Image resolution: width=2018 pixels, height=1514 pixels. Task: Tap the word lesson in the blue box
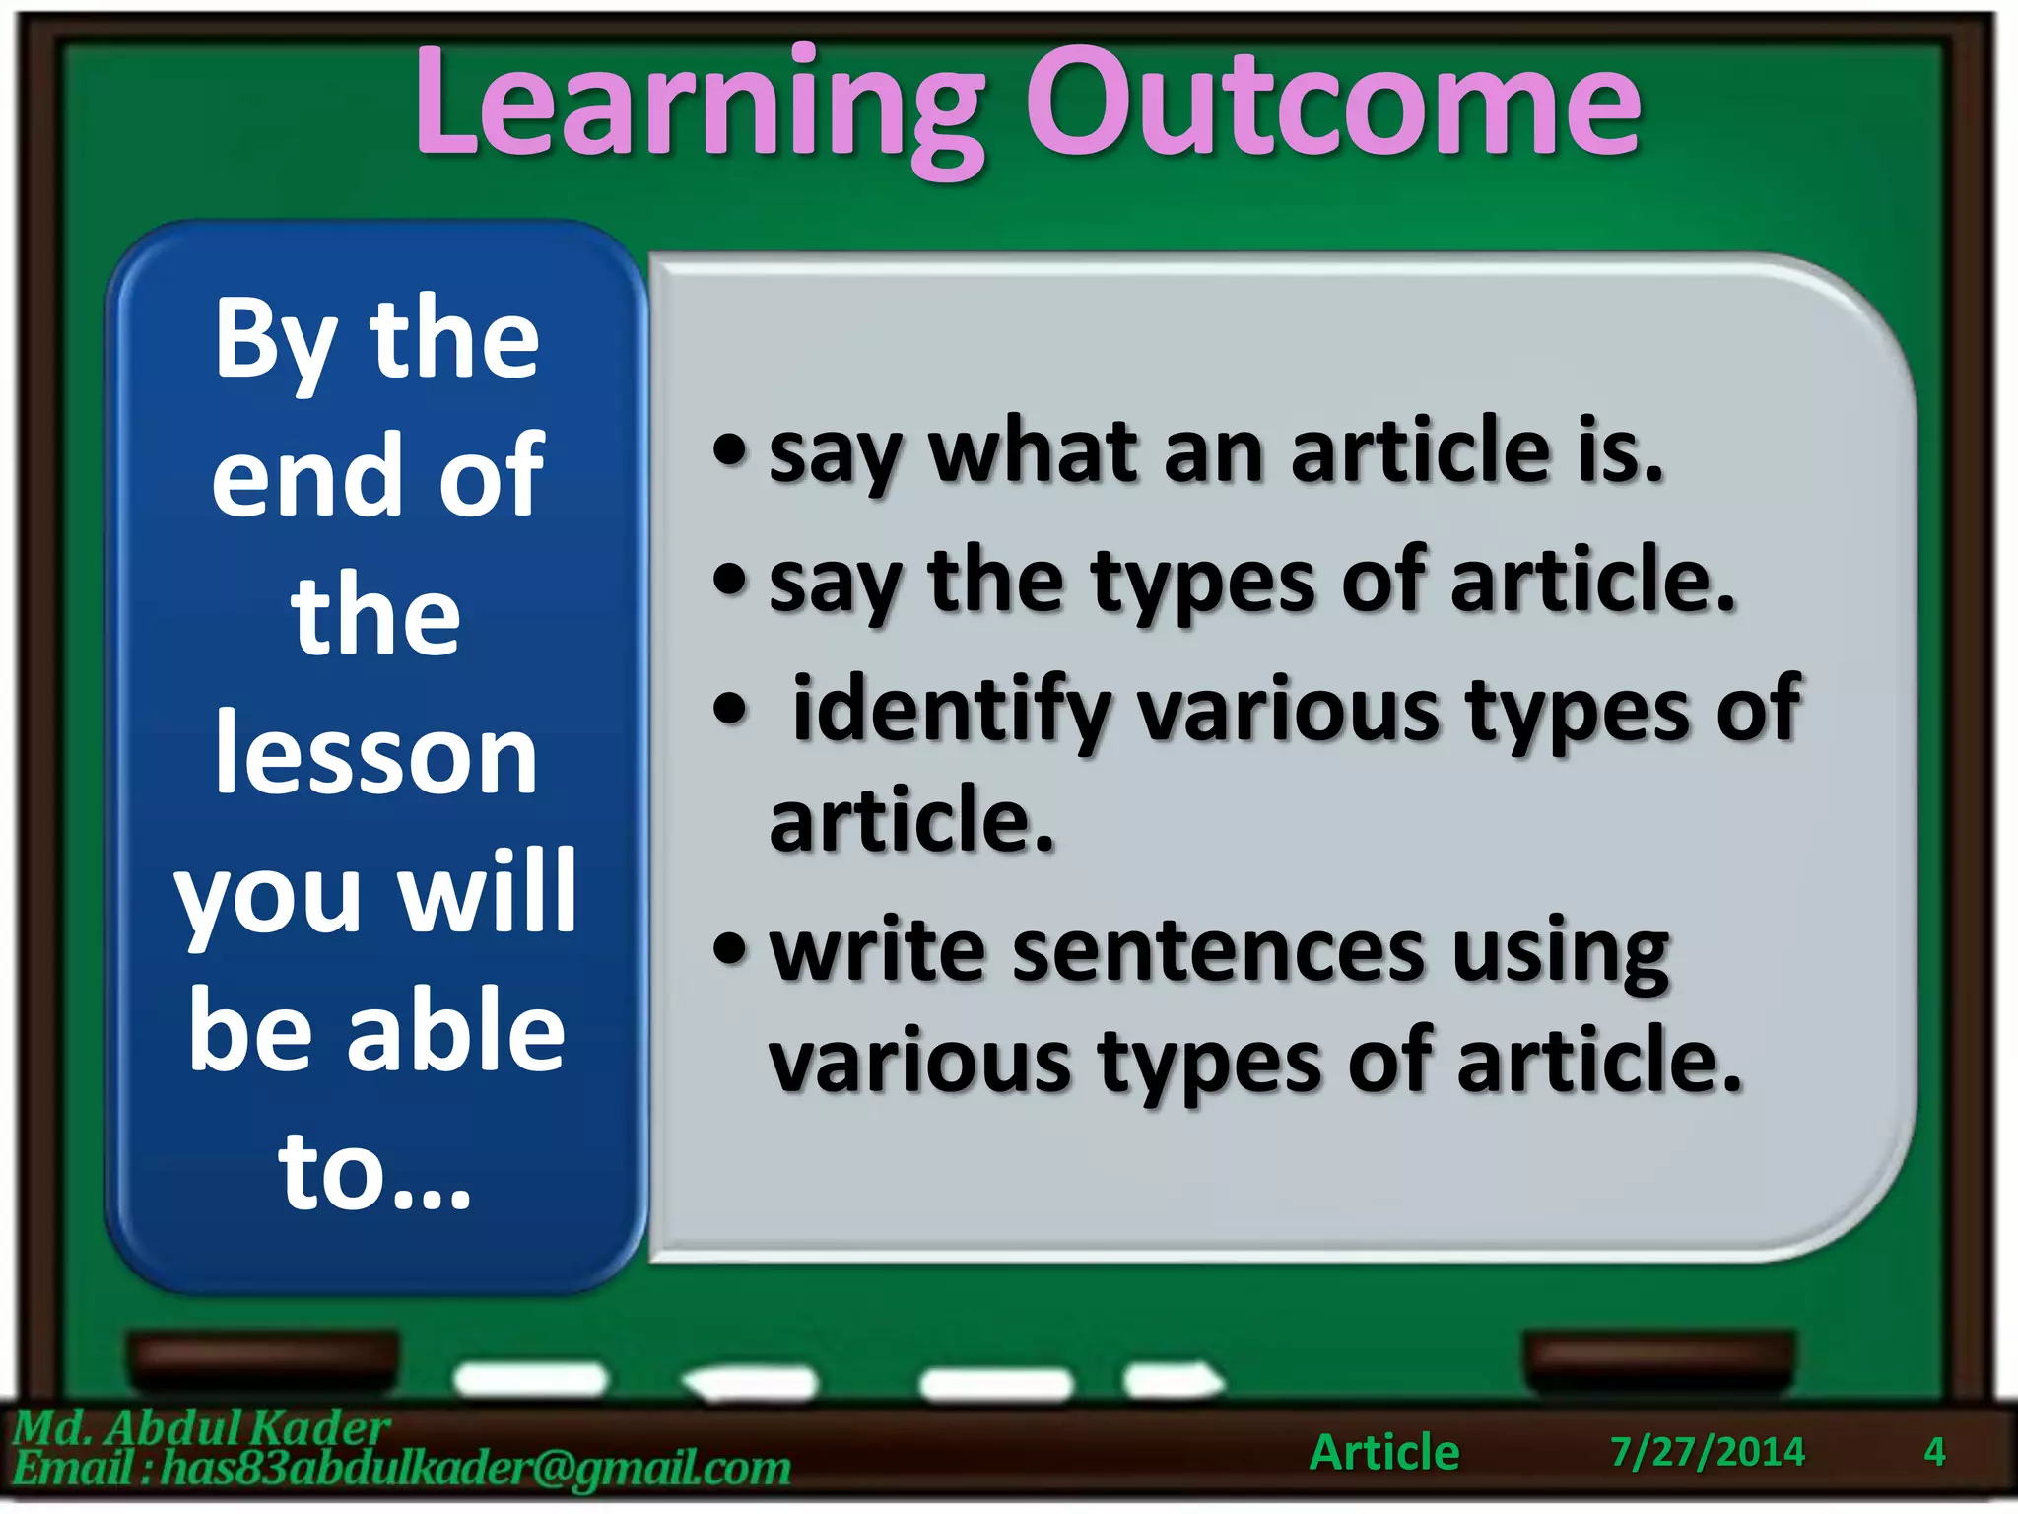pyautogui.click(x=376, y=754)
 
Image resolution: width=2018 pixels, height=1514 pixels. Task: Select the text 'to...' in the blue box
pyautogui.click(x=374, y=1171)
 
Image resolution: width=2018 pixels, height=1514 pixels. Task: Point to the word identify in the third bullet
pyautogui.click(x=951, y=710)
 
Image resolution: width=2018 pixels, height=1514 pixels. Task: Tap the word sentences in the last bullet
pyautogui.click(x=1218, y=951)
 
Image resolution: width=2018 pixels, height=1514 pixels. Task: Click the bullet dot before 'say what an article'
pyautogui.click(x=730, y=451)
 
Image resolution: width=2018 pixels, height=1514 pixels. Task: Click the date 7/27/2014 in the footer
pyautogui.click(x=1707, y=1452)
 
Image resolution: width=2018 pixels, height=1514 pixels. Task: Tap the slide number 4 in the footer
pyautogui.click(x=1934, y=1452)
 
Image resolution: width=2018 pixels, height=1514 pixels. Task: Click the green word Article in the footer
pyautogui.click(x=1384, y=1452)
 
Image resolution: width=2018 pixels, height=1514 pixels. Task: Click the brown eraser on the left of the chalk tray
pyautogui.click(x=263, y=1356)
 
